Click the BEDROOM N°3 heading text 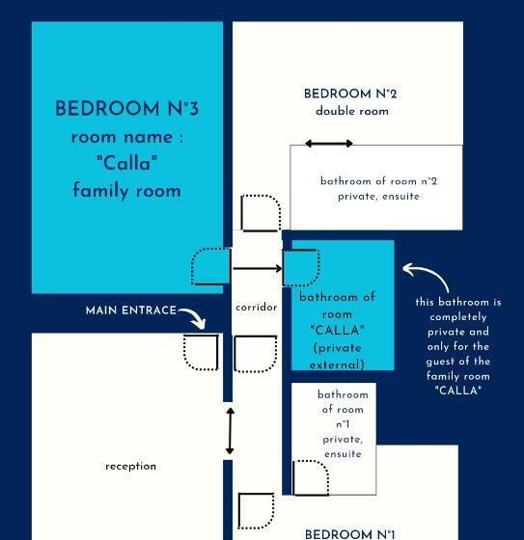coord(126,108)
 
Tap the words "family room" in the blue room coord(126,191)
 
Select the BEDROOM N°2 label coord(350,94)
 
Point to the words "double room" coord(351,111)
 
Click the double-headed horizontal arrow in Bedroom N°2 coord(328,144)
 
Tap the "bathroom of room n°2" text coord(378,180)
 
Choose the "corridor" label coord(256,308)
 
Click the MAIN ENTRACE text coord(130,310)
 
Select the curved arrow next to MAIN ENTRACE coord(193,318)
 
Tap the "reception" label coord(130,466)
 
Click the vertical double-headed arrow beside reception coord(230,431)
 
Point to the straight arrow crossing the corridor coord(257,269)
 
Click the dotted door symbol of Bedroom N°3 coord(210,267)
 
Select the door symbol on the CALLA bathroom coord(300,267)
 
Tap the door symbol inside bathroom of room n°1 coord(311,477)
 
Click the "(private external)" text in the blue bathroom coord(337,357)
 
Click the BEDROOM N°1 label coord(350,533)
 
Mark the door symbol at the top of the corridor coord(260,213)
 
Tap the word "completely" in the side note coord(458,316)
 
